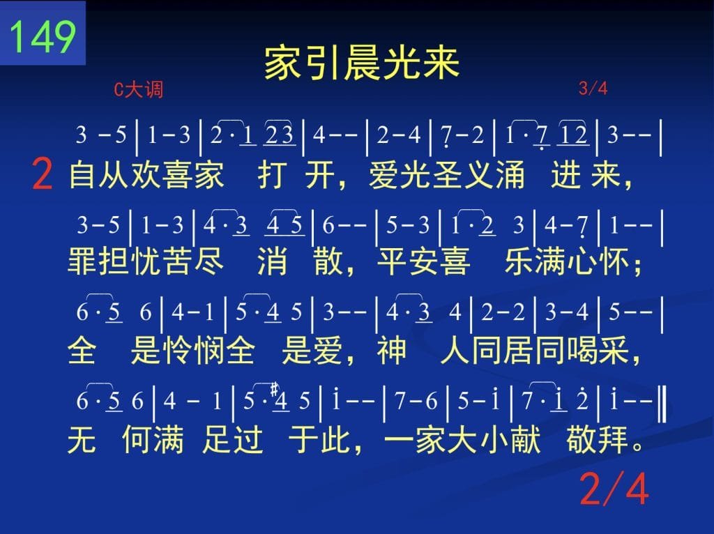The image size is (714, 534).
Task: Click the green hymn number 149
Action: (43, 36)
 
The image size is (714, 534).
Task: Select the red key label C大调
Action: (139, 89)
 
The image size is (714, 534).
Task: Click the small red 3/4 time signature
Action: (593, 88)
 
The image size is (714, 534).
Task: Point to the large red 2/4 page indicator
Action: (614, 489)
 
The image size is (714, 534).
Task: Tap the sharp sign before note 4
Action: (274, 390)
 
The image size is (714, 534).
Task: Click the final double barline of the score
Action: (663, 402)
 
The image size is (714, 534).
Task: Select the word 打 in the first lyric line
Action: (273, 175)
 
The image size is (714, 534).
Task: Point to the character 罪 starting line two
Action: (82, 261)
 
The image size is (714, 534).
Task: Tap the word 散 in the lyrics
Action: (328, 261)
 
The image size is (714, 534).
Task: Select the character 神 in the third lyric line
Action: (391, 350)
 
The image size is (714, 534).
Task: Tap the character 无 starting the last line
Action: (82, 439)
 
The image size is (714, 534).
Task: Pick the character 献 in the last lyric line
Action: (526, 439)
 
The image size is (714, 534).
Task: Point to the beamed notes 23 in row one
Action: (280, 135)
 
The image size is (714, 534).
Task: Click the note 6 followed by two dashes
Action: (328, 225)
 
